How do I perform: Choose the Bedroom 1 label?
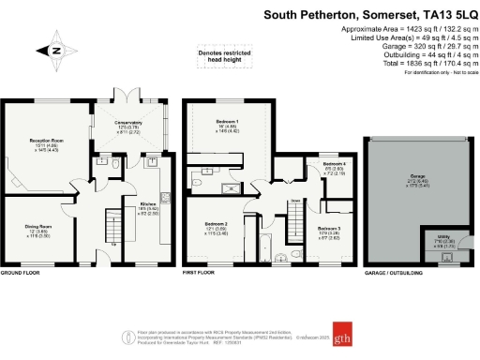tap(226, 122)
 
